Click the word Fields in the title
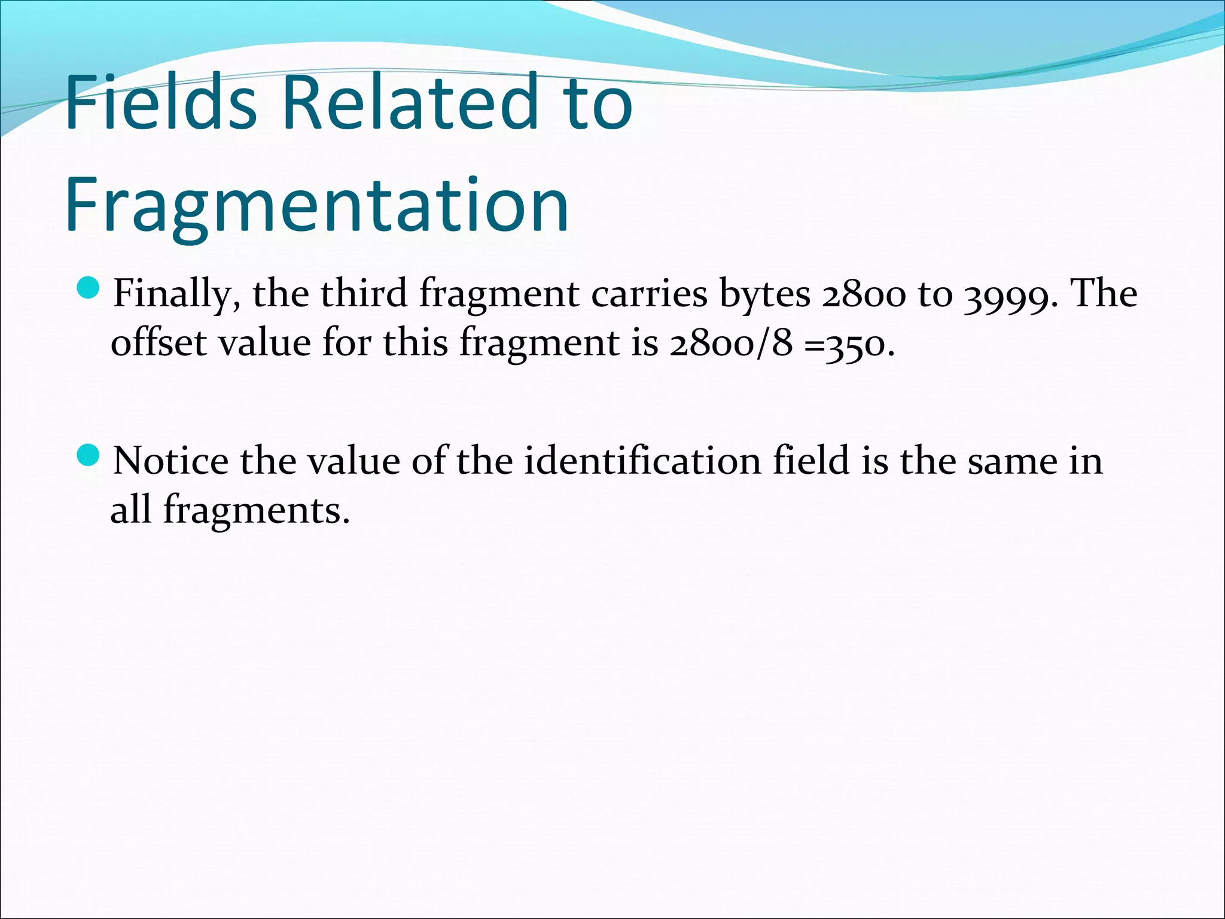tap(161, 102)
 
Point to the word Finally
tap(177, 295)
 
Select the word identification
tap(642, 461)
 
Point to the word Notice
tap(171, 461)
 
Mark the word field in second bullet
tap(810, 461)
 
